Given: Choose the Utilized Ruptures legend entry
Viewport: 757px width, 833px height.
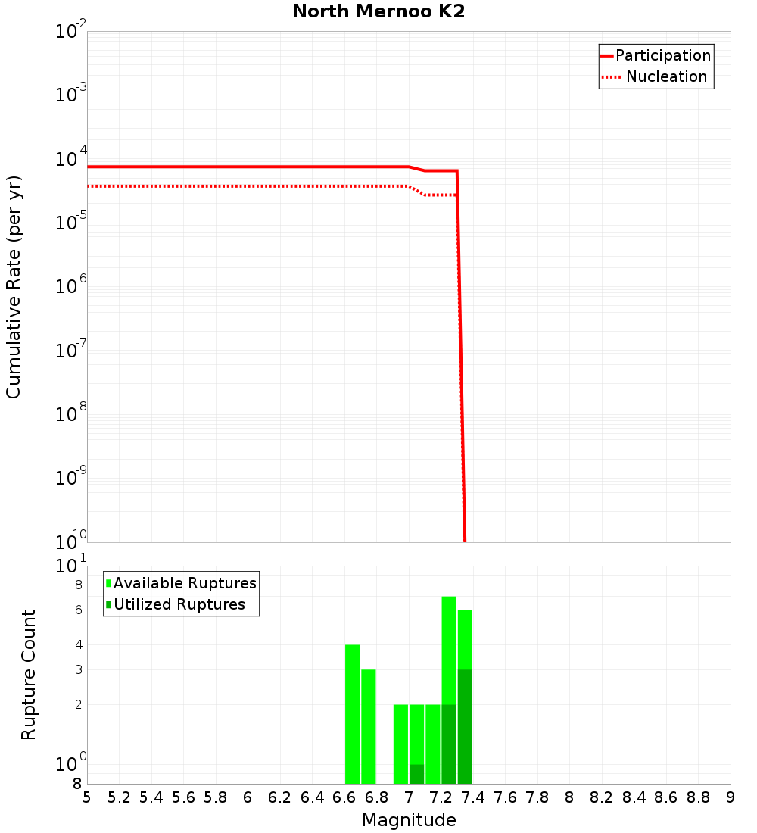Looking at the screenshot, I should (x=179, y=604).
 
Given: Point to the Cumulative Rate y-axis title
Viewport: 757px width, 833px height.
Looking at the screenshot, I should (x=14, y=286).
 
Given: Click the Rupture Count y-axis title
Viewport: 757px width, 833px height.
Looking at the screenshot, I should (x=29, y=675).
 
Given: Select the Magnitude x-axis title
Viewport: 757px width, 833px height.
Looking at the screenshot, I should (x=409, y=820).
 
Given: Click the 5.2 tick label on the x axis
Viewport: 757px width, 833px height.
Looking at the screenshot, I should (x=119, y=797).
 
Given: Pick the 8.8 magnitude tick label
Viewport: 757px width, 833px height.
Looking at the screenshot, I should (x=698, y=797).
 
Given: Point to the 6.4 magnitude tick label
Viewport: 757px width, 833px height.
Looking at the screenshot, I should (x=312, y=797).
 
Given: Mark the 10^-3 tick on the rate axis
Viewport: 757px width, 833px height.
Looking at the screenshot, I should (x=71, y=95).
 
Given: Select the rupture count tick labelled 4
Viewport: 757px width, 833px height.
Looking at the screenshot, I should (x=78, y=644).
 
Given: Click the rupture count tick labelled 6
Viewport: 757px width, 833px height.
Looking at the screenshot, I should (x=78, y=610).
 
